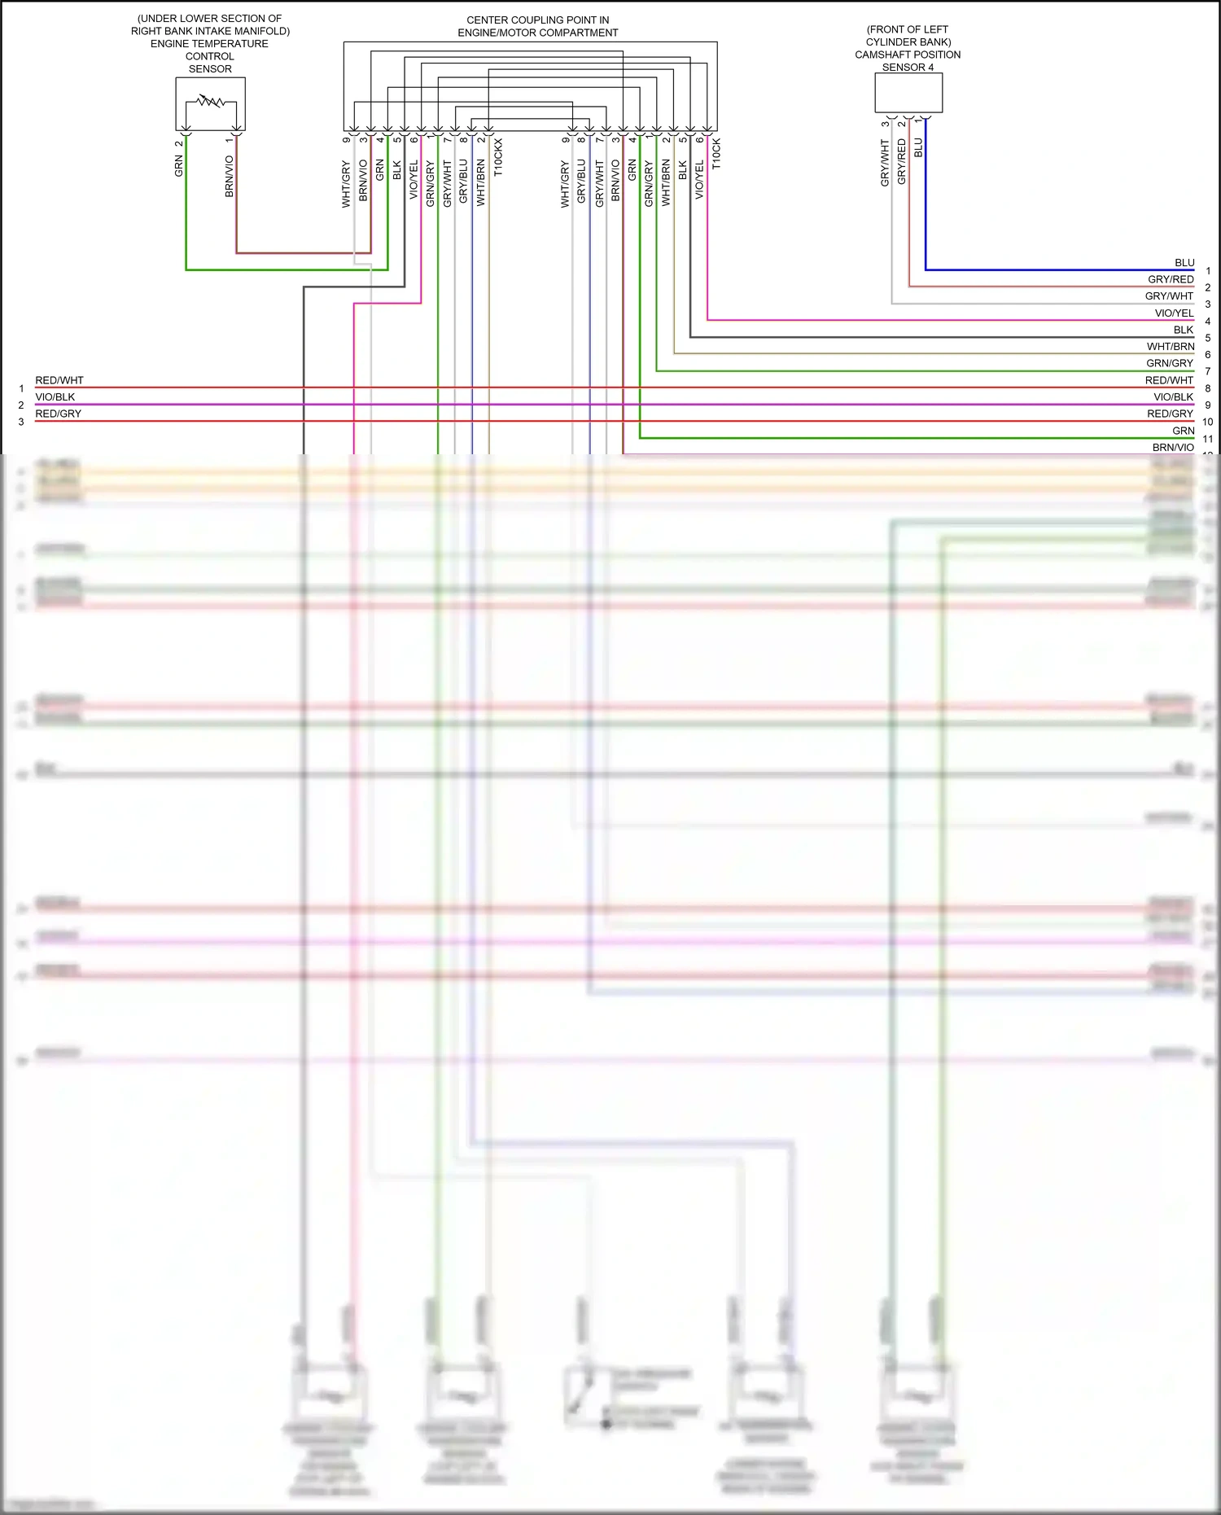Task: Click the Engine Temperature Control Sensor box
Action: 210,103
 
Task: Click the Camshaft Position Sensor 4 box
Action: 908,93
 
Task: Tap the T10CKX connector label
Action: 498,157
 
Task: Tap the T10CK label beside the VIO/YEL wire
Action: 716,154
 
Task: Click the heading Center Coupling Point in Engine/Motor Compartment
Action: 537,26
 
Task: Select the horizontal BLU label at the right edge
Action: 1184,263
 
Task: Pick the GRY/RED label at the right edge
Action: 1171,279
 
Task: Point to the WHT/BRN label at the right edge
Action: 1171,347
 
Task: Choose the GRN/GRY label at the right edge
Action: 1170,363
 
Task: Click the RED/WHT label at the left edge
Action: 59,380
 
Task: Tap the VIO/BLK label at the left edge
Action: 55,397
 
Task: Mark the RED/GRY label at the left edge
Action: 59,414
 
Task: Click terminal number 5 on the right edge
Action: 1208,338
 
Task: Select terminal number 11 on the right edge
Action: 1208,439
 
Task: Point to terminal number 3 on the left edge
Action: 21,422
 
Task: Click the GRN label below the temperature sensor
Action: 179,166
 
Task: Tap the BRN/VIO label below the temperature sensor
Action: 230,177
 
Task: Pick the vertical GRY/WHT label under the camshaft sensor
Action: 886,163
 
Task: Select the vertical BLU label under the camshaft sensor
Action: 919,147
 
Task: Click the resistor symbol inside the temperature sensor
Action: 211,102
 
